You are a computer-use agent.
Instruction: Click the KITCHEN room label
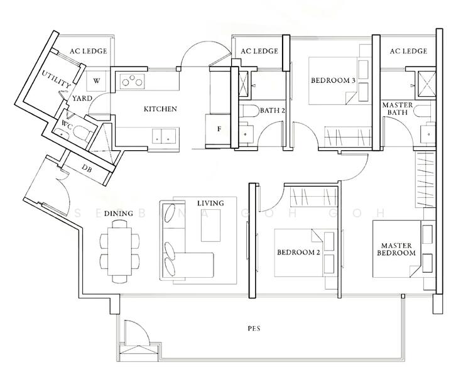click(160, 109)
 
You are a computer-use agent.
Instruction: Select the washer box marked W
click(97, 81)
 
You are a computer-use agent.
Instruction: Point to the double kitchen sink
click(163, 134)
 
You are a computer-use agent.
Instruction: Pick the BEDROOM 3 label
click(333, 81)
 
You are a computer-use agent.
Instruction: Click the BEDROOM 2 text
click(299, 253)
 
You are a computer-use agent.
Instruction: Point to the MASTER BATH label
click(397, 108)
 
